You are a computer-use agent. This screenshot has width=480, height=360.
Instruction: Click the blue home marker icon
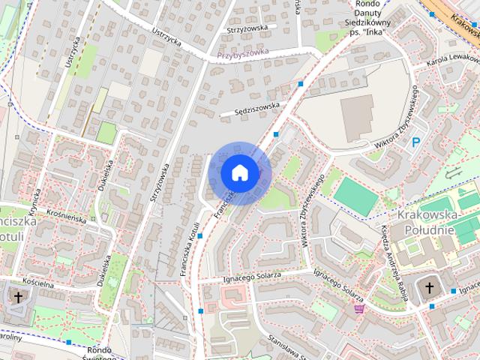tap(239, 172)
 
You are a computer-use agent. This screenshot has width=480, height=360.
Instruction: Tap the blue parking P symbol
tap(415, 142)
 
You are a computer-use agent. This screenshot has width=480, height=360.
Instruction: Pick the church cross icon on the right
tap(430, 287)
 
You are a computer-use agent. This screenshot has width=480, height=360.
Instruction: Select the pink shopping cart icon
tap(359, 307)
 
